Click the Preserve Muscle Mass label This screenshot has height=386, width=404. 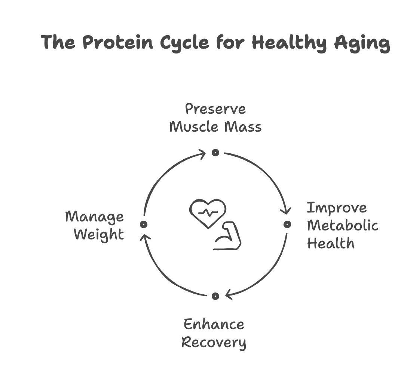[x=215, y=118]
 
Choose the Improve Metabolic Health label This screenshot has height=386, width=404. [x=342, y=225]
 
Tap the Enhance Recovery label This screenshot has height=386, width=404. [x=214, y=333]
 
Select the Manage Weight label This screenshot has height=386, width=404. [x=95, y=225]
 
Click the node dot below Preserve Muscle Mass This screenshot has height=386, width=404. [x=215, y=153]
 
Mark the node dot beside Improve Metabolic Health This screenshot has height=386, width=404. [x=287, y=224]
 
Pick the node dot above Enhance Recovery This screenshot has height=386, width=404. [x=215, y=296]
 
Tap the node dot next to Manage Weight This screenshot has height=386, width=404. [x=143, y=224]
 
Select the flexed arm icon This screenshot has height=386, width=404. [x=228, y=236]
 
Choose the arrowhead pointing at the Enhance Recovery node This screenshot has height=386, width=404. [x=229, y=295]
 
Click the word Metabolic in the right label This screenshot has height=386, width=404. [x=345, y=226]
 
